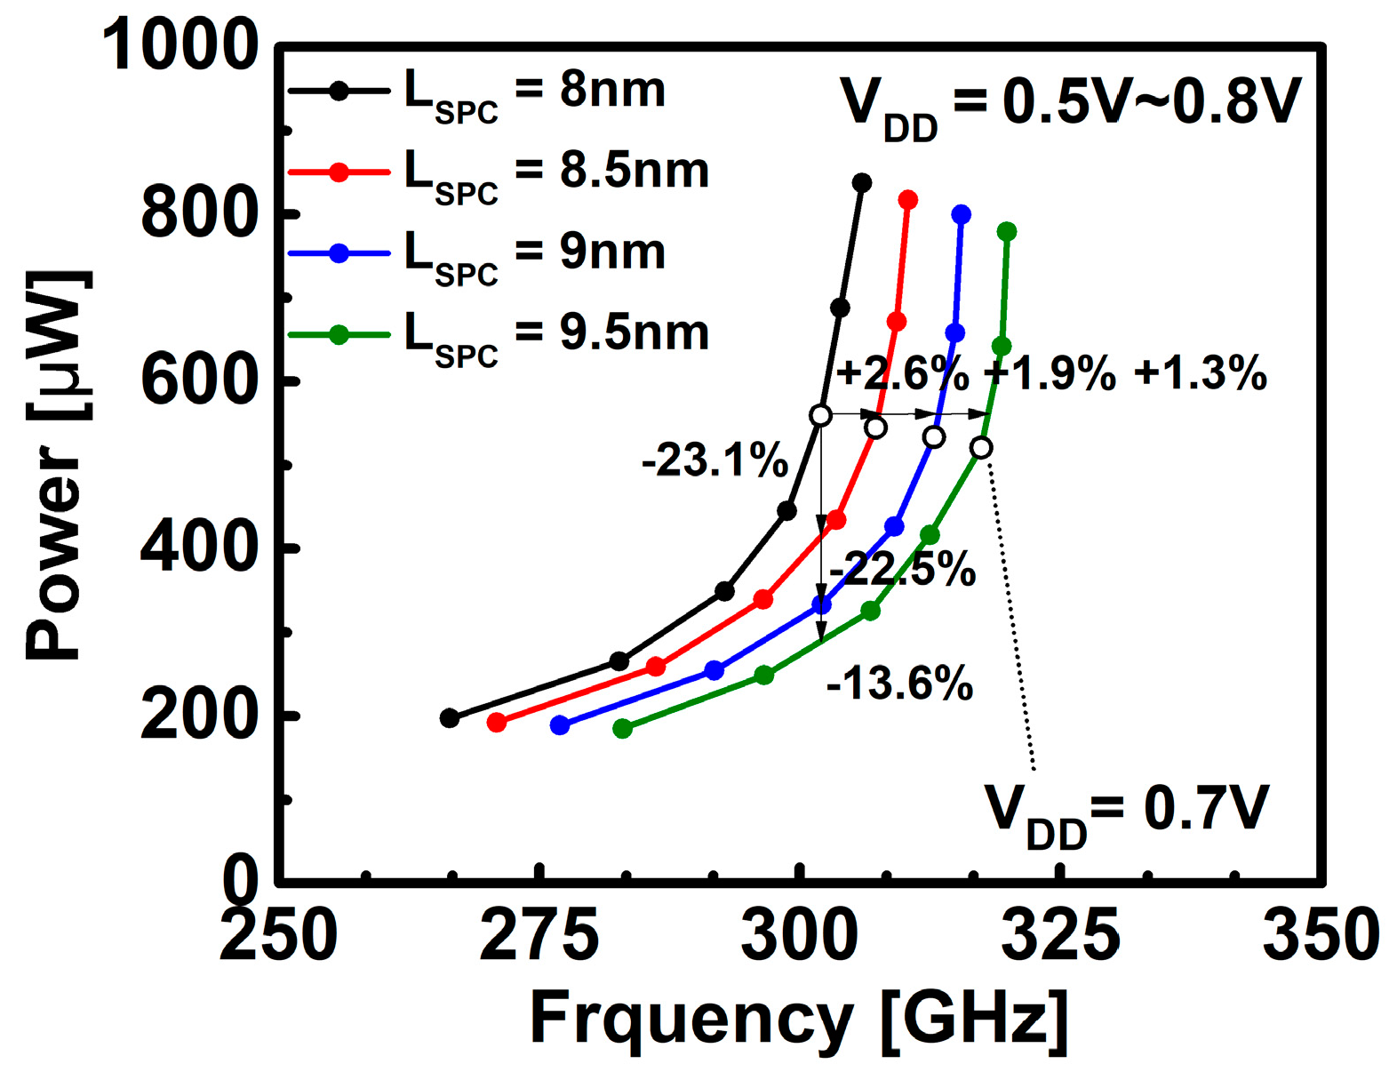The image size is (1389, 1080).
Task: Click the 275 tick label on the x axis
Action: coord(539,935)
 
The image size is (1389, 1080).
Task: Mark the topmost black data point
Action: coord(861,183)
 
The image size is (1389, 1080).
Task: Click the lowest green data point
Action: coord(623,729)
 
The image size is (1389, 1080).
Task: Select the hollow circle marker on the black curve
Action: coord(821,415)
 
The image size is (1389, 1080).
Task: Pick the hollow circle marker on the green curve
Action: coord(981,448)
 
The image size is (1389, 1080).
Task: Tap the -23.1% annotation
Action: coord(714,462)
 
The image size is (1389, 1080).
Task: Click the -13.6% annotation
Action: coord(899,685)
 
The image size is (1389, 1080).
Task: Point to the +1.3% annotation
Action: coord(1200,374)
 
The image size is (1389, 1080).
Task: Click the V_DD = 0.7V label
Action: coord(1126,811)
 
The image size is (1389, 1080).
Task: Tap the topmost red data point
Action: coord(907,200)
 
